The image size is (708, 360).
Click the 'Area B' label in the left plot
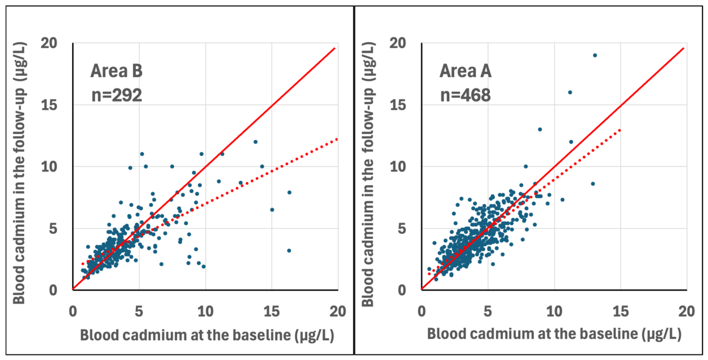coord(116,71)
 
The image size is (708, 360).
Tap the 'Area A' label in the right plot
coord(466,71)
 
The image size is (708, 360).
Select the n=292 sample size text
coord(117,95)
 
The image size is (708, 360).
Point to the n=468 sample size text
coord(466,95)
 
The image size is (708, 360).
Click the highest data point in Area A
coord(595,55)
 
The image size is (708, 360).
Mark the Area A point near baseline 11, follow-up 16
coord(570,92)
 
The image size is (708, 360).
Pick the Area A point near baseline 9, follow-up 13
coord(540,130)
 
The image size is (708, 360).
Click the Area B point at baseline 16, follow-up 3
coord(289,251)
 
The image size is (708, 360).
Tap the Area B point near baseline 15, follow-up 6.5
coord(272,210)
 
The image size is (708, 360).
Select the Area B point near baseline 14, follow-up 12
coord(256,142)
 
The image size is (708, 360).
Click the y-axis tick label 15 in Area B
coord(49,105)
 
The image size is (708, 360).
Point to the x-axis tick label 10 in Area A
coord(554,312)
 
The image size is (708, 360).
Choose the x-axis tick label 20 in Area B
coord(338,312)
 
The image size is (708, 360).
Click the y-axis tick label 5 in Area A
coord(402,229)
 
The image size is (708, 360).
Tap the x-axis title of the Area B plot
coord(207,335)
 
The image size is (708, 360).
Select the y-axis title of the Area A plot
coord(368,174)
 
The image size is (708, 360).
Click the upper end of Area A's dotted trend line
coord(620,130)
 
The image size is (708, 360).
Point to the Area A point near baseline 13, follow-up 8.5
coord(593,184)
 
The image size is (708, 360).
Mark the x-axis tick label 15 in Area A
coord(621,312)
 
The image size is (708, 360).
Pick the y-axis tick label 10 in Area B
coord(49,167)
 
